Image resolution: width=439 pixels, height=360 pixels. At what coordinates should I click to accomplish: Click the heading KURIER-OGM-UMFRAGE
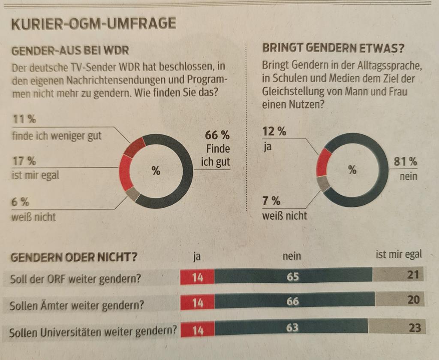(x=93, y=24)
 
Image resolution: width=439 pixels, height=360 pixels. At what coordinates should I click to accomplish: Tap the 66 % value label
(x=217, y=135)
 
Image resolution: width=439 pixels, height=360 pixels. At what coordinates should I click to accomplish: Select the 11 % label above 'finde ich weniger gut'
(x=24, y=119)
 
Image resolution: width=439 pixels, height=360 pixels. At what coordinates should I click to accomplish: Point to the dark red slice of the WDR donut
(x=134, y=147)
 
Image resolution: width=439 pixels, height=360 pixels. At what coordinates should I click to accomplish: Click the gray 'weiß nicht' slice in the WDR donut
(x=133, y=194)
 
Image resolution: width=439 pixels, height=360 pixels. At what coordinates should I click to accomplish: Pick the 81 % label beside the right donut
(x=405, y=162)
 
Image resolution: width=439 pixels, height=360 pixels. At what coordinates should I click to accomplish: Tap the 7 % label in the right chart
(x=271, y=201)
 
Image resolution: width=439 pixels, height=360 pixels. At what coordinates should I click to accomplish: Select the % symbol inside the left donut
(x=156, y=170)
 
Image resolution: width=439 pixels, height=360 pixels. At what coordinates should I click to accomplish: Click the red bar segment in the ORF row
(x=197, y=277)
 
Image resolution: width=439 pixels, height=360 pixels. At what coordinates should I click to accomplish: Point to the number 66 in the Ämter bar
(x=292, y=301)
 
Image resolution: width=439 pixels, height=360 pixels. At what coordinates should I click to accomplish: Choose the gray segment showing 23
(x=397, y=327)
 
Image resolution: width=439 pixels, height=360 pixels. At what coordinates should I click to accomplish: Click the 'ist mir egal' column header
(x=398, y=254)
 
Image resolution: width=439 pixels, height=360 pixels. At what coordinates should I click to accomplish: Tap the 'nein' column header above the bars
(x=292, y=256)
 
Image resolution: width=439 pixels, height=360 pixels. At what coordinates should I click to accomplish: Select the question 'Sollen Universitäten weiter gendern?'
(x=93, y=332)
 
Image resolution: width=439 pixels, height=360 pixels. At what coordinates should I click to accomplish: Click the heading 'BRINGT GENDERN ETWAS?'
(x=333, y=48)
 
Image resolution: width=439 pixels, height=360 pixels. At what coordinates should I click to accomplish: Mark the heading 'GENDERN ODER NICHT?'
(x=74, y=257)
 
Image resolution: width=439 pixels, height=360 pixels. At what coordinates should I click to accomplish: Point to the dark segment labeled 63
(x=291, y=327)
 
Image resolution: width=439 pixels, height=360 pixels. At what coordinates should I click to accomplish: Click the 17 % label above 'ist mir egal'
(x=24, y=161)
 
